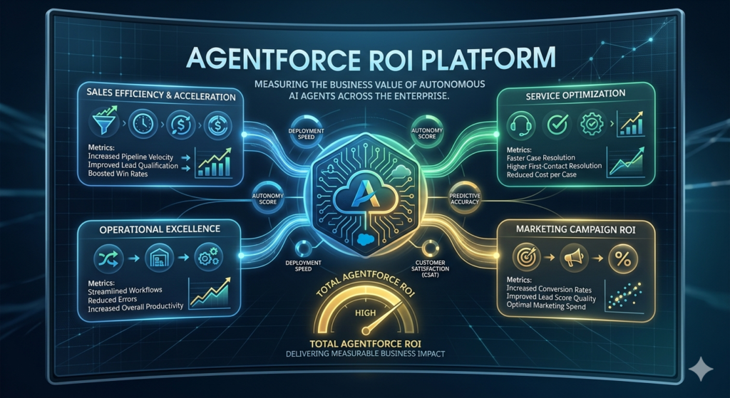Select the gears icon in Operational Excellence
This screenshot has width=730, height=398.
click(x=209, y=256)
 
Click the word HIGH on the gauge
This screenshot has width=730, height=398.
click(x=365, y=313)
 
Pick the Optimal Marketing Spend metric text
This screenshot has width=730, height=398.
click(x=545, y=306)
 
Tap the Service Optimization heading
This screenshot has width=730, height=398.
click(x=576, y=93)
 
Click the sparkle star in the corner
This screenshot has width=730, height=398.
click(x=701, y=370)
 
